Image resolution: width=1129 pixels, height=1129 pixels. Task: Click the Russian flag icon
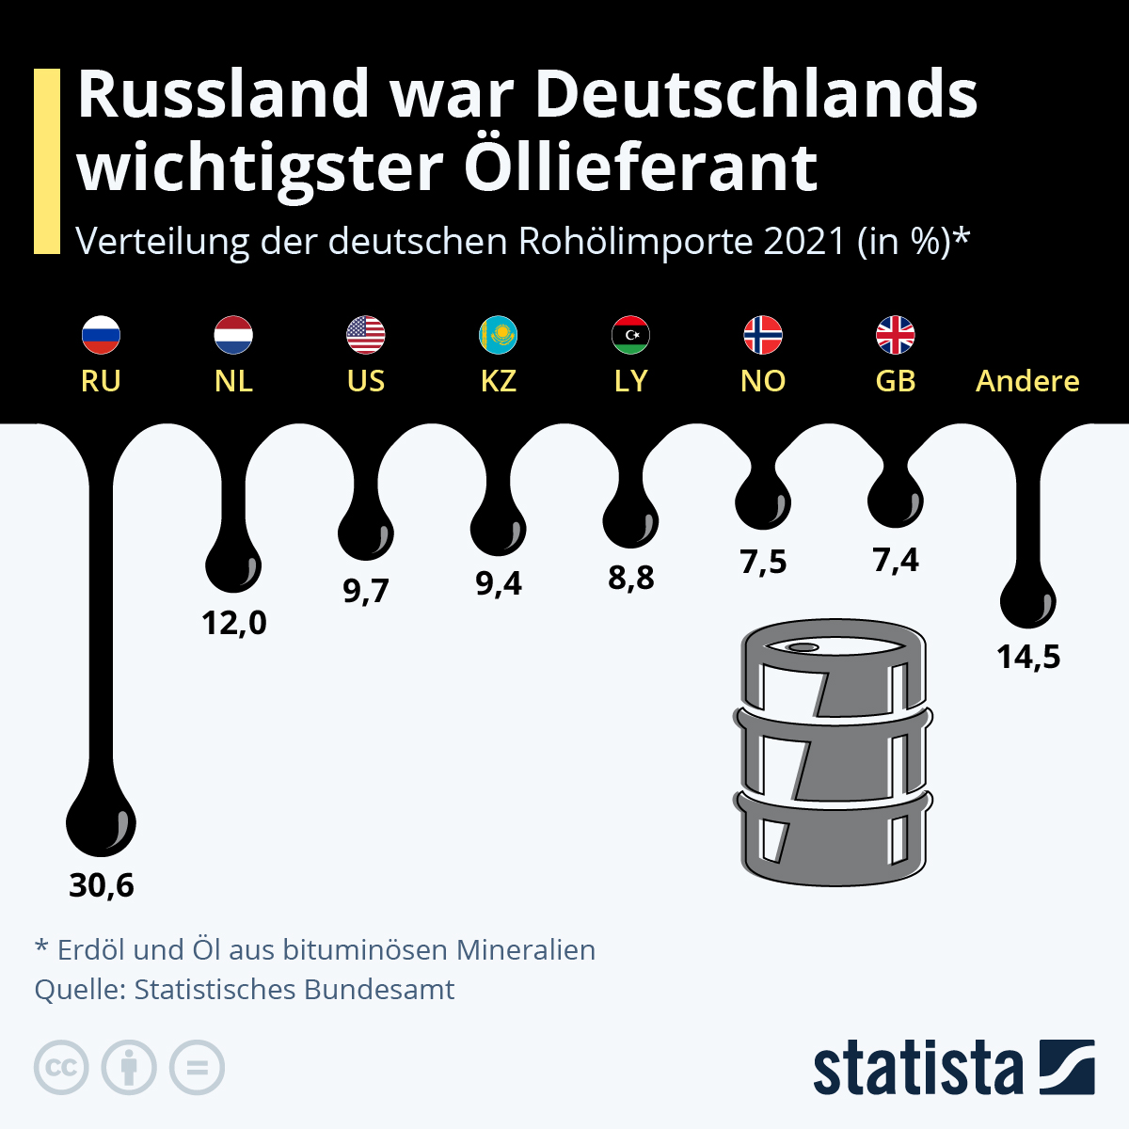click(x=101, y=334)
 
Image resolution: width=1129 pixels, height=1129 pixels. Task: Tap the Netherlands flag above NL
click(x=233, y=334)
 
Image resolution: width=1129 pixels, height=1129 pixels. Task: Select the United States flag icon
click(x=366, y=334)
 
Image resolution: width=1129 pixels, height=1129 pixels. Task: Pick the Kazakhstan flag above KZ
click(x=499, y=334)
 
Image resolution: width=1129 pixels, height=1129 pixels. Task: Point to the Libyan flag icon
click(x=630, y=334)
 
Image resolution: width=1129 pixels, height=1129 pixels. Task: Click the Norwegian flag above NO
click(x=763, y=334)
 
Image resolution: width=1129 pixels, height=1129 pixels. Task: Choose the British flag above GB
click(x=896, y=334)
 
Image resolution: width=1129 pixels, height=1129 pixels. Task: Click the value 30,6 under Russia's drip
click(x=102, y=885)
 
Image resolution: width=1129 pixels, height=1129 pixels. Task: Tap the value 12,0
click(x=233, y=622)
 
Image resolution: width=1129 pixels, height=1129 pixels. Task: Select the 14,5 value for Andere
click(x=1028, y=657)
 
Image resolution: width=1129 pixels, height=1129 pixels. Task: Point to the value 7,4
click(x=896, y=561)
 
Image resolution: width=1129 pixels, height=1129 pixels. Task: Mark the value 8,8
click(x=630, y=578)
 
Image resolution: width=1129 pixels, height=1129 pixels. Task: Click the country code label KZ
click(x=499, y=381)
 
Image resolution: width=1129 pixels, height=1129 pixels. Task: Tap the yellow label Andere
click(x=1027, y=381)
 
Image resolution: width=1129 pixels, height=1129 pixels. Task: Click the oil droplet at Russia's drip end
click(x=101, y=823)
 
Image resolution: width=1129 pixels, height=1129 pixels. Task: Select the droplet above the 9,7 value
click(x=366, y=534)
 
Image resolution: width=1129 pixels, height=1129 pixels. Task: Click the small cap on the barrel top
click(x=803, y=647)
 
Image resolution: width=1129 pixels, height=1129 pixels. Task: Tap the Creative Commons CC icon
click(x=61, y=1068)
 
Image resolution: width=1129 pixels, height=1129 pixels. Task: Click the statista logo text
click(x=917, y=1068)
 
